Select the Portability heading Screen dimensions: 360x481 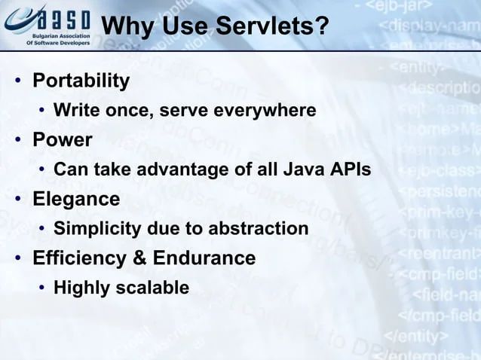pos(81,81)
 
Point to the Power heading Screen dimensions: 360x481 pos(62,140)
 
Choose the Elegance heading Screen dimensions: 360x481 pos(75,199)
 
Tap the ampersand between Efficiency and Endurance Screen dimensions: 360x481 pos(139,258)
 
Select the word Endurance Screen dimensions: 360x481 pos(204,258)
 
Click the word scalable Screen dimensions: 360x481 pos(155,287)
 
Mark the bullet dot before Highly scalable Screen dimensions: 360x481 pos(42,288)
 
